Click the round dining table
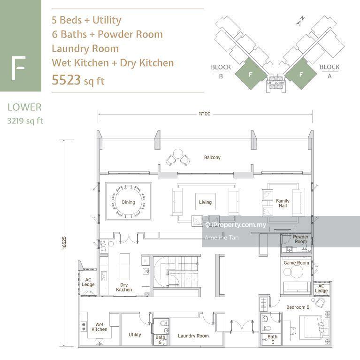(128, 202)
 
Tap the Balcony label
(212, 158)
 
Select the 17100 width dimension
(205, 114)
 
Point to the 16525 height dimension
(64, 243)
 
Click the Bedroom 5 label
(298, 307)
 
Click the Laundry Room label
(193, 336)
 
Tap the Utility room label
(135, 335)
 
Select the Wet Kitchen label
(99, 327)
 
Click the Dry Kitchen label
(124, 287)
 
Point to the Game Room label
(296, 263)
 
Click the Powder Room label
(300, 239)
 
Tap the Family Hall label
(283, 203)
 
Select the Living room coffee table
(206, 201)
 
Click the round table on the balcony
(178, 154)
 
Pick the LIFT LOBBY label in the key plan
(276, 83)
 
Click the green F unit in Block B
(251, 74)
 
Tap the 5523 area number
(66, 80)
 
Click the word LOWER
(24, 107)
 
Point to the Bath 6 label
(160, 340)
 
